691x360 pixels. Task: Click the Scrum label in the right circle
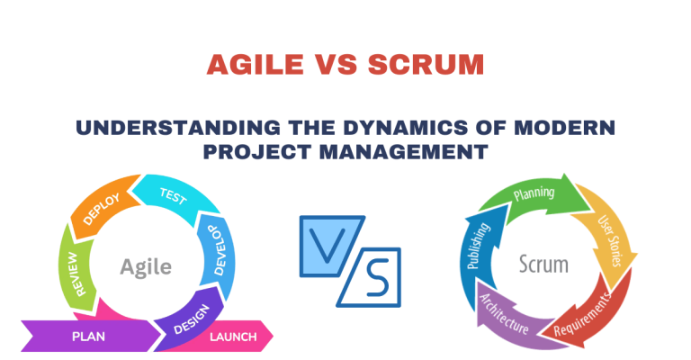click(543, 265)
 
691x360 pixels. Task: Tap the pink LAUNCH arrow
click(232, 337)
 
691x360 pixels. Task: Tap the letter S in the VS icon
click(371, 277)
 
